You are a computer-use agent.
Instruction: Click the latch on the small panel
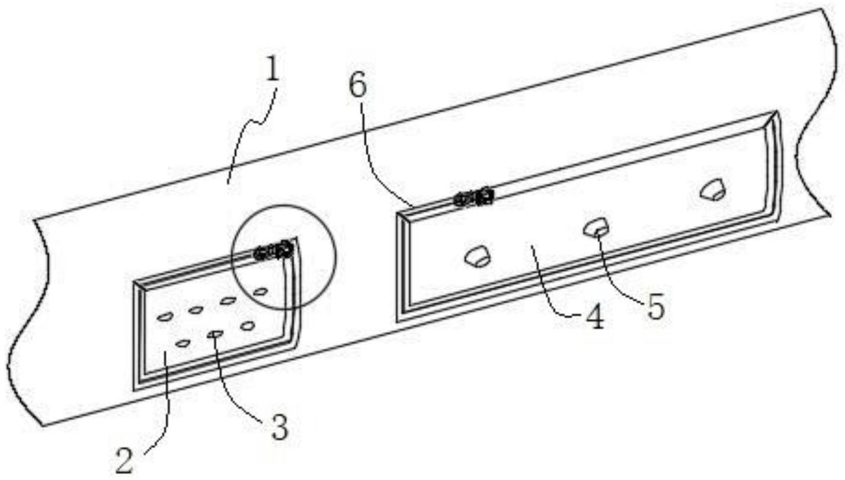click(x=273, y=251)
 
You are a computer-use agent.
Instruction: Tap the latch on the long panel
click(x=473, y=197)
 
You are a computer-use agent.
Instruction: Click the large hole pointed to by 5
click(x=596, y=227)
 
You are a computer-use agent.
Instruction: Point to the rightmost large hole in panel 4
click(x=711, y=190)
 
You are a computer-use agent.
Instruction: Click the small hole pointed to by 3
click(x=215, y=335)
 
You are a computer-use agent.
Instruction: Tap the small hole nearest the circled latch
click(x=260, y=291)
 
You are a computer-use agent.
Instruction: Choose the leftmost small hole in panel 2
click(x=164, y=317)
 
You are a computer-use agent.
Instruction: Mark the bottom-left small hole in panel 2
click(x=183, y=343)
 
